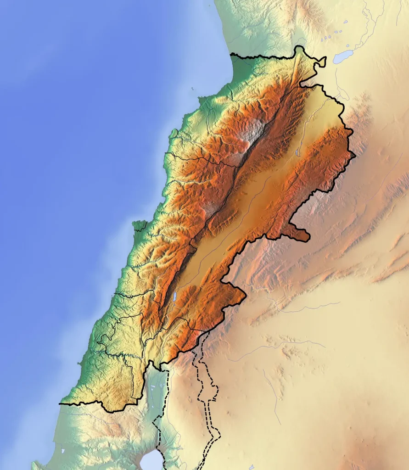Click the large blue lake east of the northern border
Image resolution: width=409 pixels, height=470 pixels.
tap(343, 57)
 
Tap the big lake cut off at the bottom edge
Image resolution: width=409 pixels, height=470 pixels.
tap(151, 461)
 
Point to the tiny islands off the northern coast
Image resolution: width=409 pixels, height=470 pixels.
tap(193, 90)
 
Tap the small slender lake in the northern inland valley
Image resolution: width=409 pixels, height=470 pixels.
tap(298, 151)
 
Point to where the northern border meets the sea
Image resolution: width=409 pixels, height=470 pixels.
tap(231, 55)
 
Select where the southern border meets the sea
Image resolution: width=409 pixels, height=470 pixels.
tap(60, 404)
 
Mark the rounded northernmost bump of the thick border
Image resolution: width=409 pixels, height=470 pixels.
tap(300, 47)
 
